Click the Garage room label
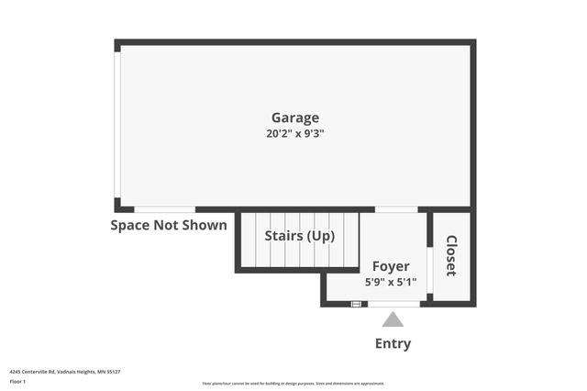pyautogui.click(x=294, y=117)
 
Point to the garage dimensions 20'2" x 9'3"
pyautogui.click(x=294, y=133)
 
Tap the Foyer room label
pyautogui.click(x=391, y=266)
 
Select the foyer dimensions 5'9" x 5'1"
pyautogui.click(x=391, y=282)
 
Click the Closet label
pyautogui.click(x=451, y=256)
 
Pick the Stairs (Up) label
pyautogui.click(x=299, y=236)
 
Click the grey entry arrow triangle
pyautogui.click(x=393, y=319)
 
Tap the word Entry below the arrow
pyautogui.click(x=393, y=344)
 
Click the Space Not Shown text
pyautogui.click(x=169, y=225)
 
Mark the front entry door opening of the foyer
pyautogui.click(x=393, y=304)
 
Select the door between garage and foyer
pyautogui.click(x=396, y=210)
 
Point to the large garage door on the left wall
pyautogui.click(x=117, y=124)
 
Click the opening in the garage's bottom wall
pyautogui.click(x=164, y=210)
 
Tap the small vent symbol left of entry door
pyautogui.click(x=356, y=304)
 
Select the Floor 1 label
pyautogui.click(x=17, y=381)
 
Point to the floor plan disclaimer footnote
pyautogui.click(x=293, y=384)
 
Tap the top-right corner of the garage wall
pyautogui.click(x=472, y=42)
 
